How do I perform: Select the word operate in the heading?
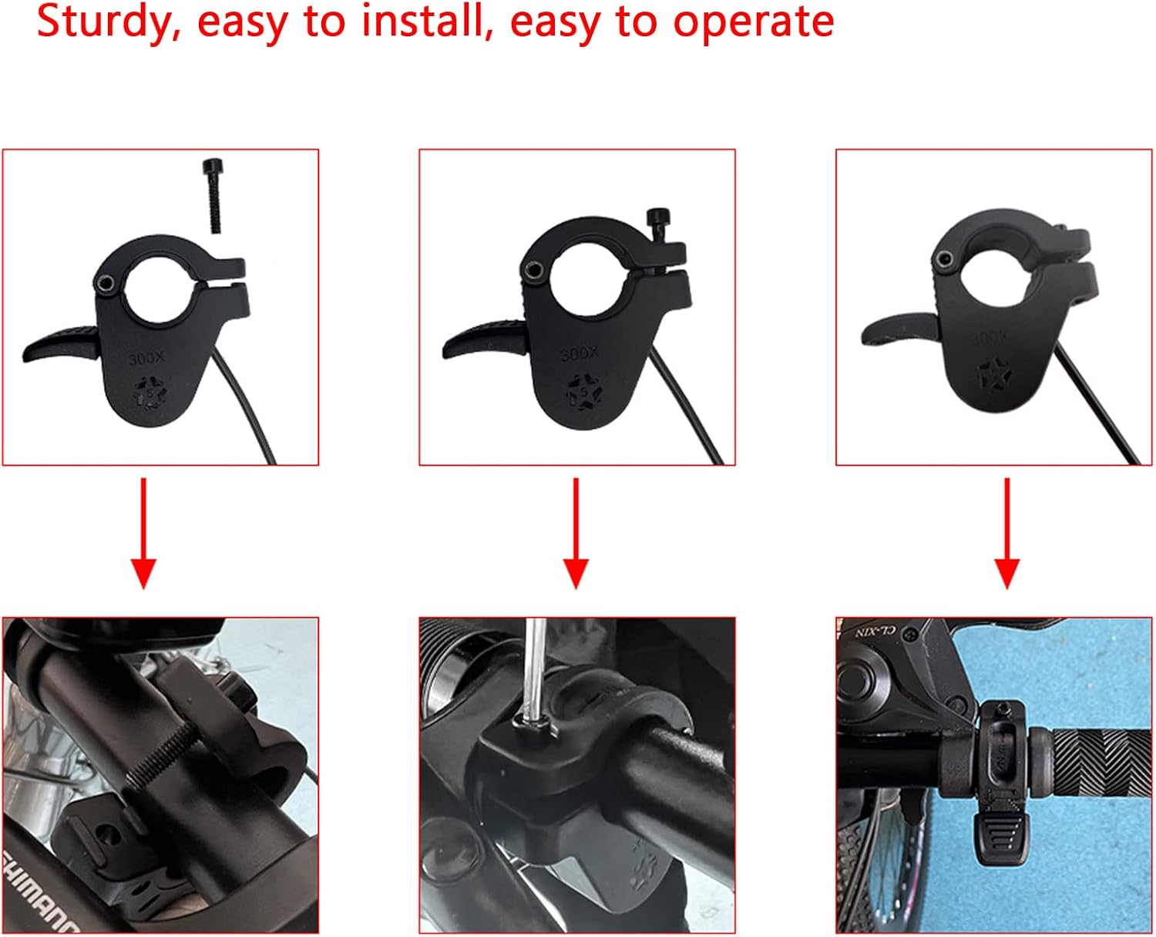[753, 22]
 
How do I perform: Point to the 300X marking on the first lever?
[146, 359]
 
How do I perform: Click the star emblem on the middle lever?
[583, 393]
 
